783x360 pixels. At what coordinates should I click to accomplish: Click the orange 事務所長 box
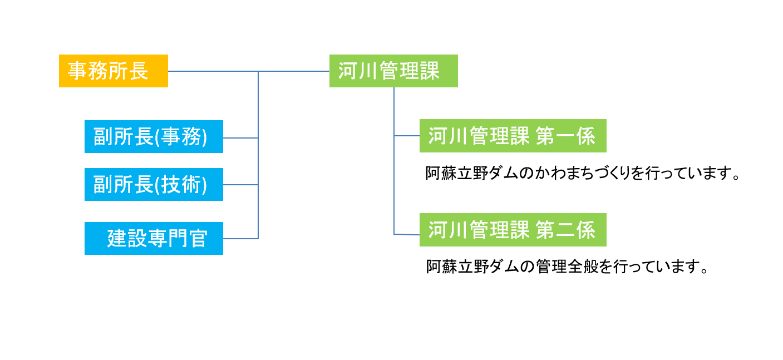coord(114,71)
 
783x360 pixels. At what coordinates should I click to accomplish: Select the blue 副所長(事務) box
coord(154,137)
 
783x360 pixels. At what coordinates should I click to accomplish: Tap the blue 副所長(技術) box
coord(154,185)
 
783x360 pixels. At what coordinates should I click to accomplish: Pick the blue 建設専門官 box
coord(154,238)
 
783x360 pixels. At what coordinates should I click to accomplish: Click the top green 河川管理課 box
coord(393,71)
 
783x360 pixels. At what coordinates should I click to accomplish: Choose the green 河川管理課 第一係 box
coord(513,136)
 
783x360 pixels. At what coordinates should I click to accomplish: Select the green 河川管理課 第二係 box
coord(513,230)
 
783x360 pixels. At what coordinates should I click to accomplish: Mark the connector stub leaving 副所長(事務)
coord(241,138)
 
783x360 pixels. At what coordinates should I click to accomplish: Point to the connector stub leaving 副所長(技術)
coord(241,185)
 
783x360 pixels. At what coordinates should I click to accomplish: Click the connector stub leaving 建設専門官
coord(241,239)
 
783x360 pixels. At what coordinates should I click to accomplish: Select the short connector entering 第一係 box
coord(407,136)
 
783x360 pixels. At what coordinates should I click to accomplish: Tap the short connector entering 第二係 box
coord(407,234)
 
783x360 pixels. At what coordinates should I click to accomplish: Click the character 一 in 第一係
coord(565,136)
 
